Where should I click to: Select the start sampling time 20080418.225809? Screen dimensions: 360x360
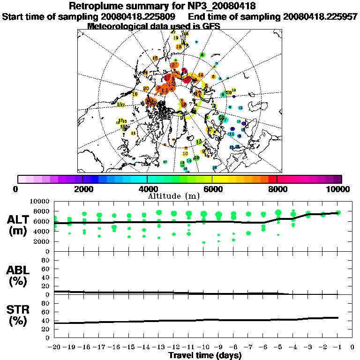[139, 16]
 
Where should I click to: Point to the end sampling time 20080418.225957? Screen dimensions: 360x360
[320, 16]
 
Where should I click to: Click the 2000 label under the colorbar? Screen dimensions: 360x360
[82, 189]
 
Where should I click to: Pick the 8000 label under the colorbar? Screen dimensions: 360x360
[277, 189]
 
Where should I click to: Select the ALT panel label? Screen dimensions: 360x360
[18, 219]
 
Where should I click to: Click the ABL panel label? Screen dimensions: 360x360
[18, 270]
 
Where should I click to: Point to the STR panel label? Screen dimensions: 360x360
[18, 309]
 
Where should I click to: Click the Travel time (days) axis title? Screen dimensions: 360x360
[205, 356]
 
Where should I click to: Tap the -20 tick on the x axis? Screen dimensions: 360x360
[54, 347]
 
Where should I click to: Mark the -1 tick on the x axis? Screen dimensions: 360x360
[337, 347]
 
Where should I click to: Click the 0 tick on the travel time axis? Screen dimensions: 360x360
[352, 347]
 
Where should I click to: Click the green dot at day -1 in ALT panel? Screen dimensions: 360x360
[338, 213]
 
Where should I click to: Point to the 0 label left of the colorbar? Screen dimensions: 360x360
[16, 189]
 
